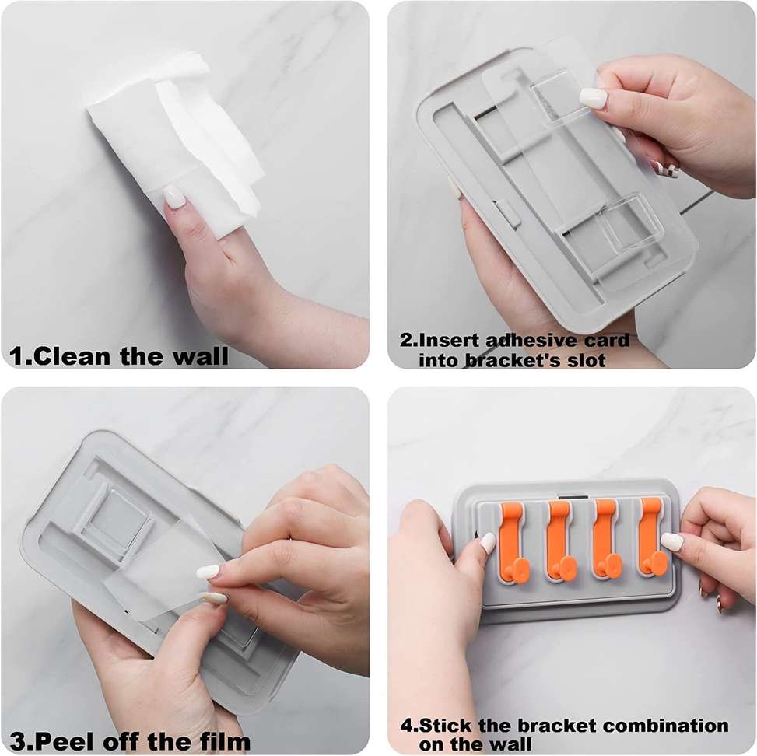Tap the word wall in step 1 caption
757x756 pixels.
click(200, 357)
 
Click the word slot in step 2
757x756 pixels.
click(586, 361)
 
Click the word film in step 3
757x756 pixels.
click(226, 741)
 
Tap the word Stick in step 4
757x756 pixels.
click(445, 726)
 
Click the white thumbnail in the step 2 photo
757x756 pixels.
click(593, 99)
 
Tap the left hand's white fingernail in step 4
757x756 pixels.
click(488, 543)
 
